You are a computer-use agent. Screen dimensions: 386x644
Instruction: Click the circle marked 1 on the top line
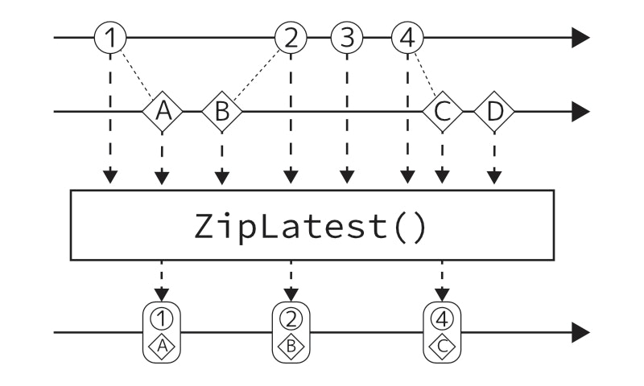[x=110, y=37]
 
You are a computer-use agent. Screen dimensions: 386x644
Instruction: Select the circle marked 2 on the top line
[x=291, y=37]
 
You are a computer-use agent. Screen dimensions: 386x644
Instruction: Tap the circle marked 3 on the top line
[x=347, y=37]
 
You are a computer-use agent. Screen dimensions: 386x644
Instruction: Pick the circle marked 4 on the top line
[x=407, y=37]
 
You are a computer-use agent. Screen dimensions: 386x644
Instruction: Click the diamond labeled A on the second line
[x=163, y=112]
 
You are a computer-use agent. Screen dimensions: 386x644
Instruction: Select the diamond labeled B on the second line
[x=223, y=112]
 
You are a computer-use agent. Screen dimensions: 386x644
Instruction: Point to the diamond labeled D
[x=494, y=112]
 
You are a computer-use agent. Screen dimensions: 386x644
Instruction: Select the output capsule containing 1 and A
[x=163, y=331]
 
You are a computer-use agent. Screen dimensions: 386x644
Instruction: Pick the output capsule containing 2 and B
[x=291, y=331]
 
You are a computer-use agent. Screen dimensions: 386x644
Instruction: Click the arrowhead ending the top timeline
[x=580, y=37]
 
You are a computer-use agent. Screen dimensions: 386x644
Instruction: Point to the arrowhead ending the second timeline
[x=580, y=112]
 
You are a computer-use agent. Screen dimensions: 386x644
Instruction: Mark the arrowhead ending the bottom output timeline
[x=580, y=331]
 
